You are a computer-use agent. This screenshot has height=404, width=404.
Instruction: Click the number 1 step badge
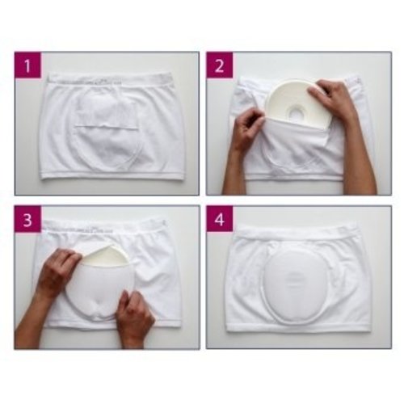27,65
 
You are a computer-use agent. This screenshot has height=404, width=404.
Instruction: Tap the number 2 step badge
218,65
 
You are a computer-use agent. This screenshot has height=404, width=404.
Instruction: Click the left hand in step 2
246,129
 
